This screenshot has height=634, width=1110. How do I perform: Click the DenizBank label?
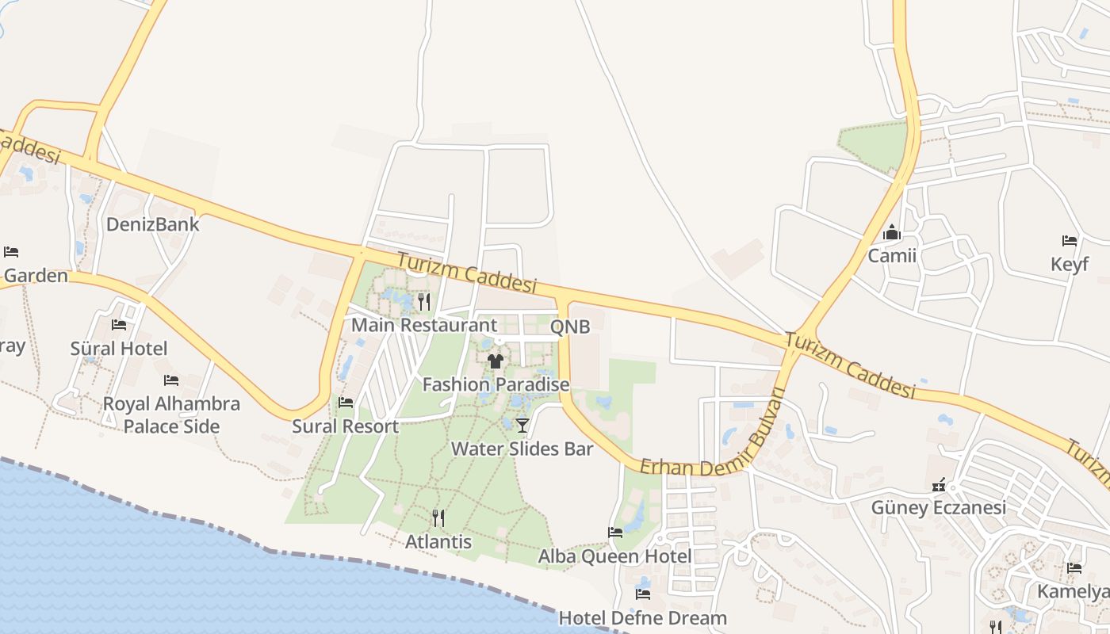tap(153, 224)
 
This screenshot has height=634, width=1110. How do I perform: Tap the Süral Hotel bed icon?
tap(119, 325)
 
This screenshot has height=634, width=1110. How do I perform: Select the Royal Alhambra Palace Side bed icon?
tap(170, 380)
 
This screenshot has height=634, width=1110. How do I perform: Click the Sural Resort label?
tap(345, 426)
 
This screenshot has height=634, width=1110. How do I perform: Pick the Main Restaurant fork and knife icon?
tap(424, 301)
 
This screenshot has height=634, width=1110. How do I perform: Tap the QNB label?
tap(570, 327)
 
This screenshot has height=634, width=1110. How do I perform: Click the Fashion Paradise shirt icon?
tap(496, 361)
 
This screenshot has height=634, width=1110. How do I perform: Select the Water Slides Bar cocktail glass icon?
tap(522, 426)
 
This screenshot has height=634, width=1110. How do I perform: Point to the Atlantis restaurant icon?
tap(438, 518)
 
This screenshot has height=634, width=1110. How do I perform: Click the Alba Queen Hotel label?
tap(614, 556)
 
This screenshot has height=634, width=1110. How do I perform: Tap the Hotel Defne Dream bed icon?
tap(643, 594)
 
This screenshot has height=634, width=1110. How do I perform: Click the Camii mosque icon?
tap(892, 233)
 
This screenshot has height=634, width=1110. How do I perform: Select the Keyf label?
tap(1070, 264)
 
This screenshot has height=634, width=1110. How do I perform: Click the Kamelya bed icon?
tap(1074, 568)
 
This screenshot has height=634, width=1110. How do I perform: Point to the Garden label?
tap(36, 276)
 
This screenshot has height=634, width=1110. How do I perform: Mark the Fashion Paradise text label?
tap(496, 385)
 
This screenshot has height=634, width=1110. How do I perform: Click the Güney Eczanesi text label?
tap(938, 507)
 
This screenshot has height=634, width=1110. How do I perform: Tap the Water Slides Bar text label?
tap(522, 449)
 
